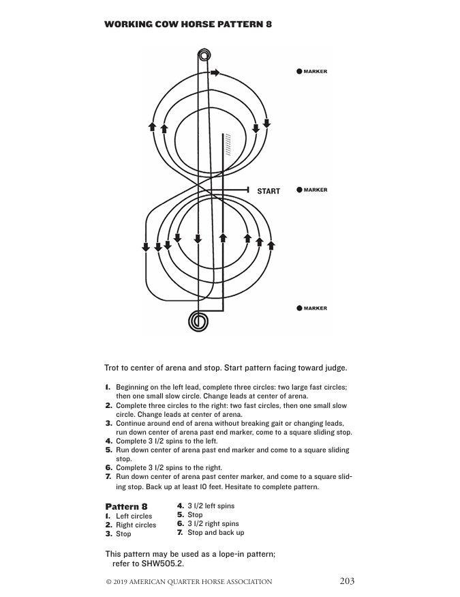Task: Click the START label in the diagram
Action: pyautogui.click(x=269, y=191)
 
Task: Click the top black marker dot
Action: pyautogui.click(x=299, y=71)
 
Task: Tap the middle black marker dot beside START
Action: pyautogui.click(x=299, y=190)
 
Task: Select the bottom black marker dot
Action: pyautogui.click(x=299, y=308)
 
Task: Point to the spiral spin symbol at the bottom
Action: pyautogui.click(x=199, y=320)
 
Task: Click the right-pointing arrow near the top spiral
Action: pyautogui.click(x=215, y=72)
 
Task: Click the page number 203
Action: pyautogui.click(x=347, y=581)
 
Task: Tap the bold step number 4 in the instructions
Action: pyautogui.click(x=108, y=441)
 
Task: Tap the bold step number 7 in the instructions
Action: pyautogui.click(x=108, y=476)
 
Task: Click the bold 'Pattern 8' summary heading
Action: pyautogui.click(x=126, y=506)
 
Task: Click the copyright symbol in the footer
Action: pyautogui.click(x=108, y=582)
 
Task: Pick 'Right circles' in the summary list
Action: pyautogui.click(x=136, y=525)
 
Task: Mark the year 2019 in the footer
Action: pyautogui.click(x=123, y=582)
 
